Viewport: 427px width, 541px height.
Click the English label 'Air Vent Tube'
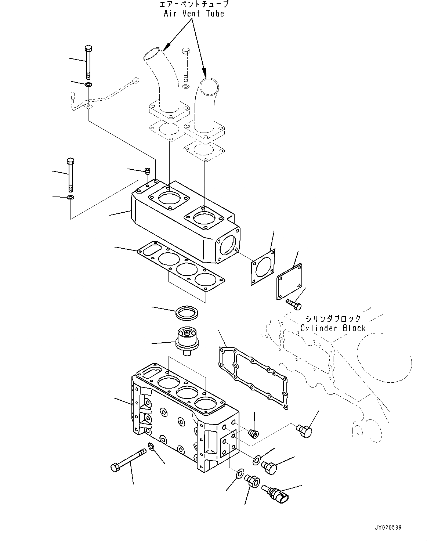coord(194,14)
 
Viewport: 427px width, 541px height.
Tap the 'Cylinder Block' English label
coord(333,328)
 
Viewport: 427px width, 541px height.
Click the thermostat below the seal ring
coord(187,340)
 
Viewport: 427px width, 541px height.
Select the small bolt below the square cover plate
coord(294,304)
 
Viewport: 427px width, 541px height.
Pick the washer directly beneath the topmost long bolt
coord(88,85)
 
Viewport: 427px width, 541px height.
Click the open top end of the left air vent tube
coord(152,54)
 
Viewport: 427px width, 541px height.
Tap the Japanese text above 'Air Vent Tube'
coord(194,5)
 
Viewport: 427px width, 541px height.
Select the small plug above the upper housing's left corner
coord(148,171)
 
